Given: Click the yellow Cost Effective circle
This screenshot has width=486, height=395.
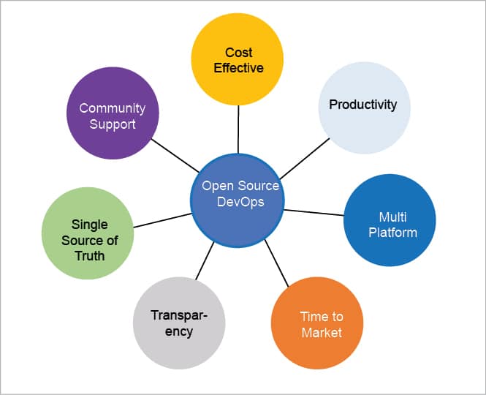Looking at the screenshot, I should click(x=238, y=59).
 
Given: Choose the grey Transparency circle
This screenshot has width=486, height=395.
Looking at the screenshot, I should click(x=179, y=323).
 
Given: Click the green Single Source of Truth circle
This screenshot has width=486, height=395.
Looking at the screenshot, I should click(x=88, y=233).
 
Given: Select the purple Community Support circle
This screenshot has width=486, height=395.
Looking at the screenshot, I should click(x=113, y=114).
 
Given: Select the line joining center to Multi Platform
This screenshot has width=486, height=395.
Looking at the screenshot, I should click(x=314, y=212).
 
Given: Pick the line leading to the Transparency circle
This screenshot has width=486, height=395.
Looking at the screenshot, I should click(x=205, y=260).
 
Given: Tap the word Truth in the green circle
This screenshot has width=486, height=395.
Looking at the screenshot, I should click(x=88, y=255).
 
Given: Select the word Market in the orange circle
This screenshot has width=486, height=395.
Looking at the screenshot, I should click(x=321, y=333).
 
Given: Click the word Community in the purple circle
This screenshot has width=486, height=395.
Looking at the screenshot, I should click(x=113, y=108).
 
